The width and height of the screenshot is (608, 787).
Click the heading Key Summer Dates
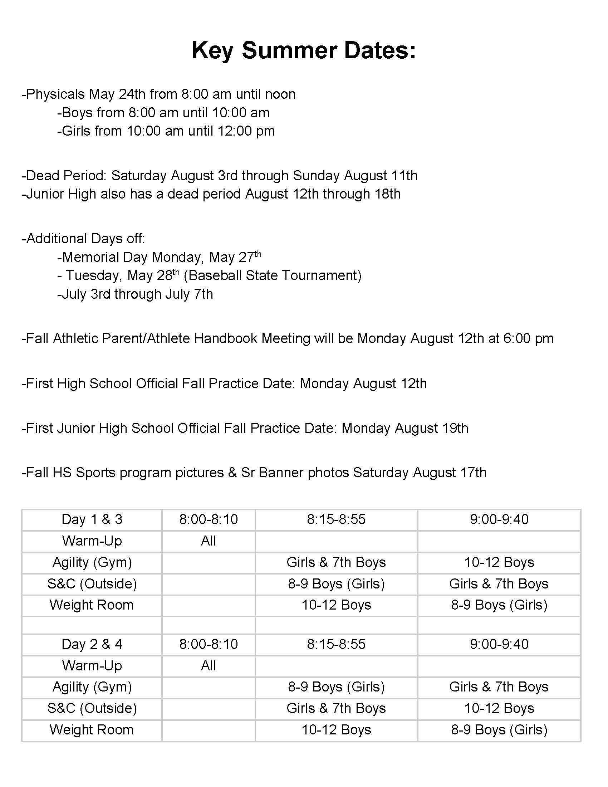304,50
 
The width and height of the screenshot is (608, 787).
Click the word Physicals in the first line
55,94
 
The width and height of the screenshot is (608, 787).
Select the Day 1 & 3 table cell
92,519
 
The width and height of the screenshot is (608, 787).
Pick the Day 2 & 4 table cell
92,644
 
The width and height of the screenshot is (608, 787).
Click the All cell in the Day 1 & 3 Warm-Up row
208,541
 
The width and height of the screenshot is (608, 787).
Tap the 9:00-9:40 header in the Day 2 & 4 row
499,644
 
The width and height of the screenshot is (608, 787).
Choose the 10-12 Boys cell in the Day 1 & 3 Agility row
499,562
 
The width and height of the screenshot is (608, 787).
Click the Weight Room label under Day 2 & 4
92,730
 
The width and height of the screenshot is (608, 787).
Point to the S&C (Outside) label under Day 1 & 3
92,583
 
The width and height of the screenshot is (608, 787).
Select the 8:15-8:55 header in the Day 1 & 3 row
336,519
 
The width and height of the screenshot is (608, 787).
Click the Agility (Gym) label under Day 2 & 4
92,687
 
